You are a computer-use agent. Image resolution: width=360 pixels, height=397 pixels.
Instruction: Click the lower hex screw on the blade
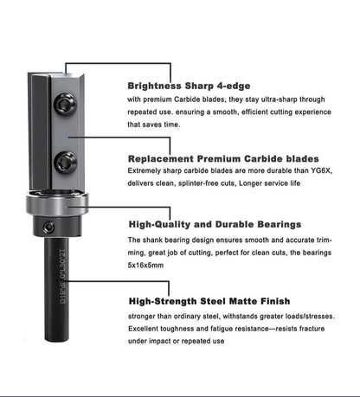click(x=66, y=161)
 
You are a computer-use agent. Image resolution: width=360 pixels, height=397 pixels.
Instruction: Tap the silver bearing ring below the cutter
click(x=65, y=212)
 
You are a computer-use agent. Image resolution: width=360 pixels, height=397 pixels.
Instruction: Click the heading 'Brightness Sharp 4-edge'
click(x=190, y=86)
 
